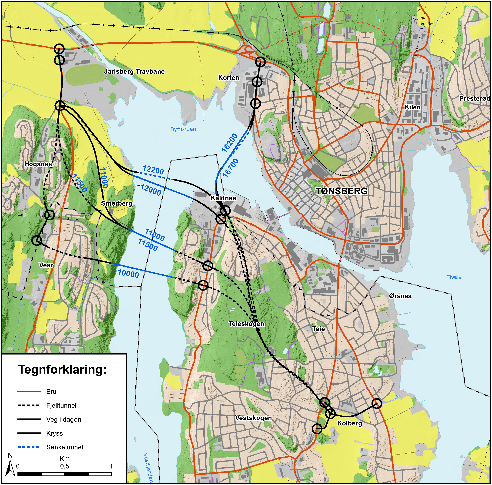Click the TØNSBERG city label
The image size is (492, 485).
click(341, 191)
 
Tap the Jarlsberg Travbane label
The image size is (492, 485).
click(134, 72)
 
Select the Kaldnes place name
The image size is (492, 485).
click(223, 198)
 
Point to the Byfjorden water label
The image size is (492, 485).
click(183, 129)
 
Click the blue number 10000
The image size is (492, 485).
click(128, 274)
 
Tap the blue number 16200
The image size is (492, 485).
click(230, 143)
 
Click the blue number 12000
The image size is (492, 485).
click(151, 190)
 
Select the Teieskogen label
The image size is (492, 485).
click(246, 324)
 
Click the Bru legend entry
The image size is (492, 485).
click(51, 391)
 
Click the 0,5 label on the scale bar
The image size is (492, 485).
click(64, 466)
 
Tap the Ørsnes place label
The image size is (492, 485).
click(400, 296)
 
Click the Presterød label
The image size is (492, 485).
click(474, 99)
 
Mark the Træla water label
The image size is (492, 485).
click(454, 277)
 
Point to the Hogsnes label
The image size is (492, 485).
click(38, 164)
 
